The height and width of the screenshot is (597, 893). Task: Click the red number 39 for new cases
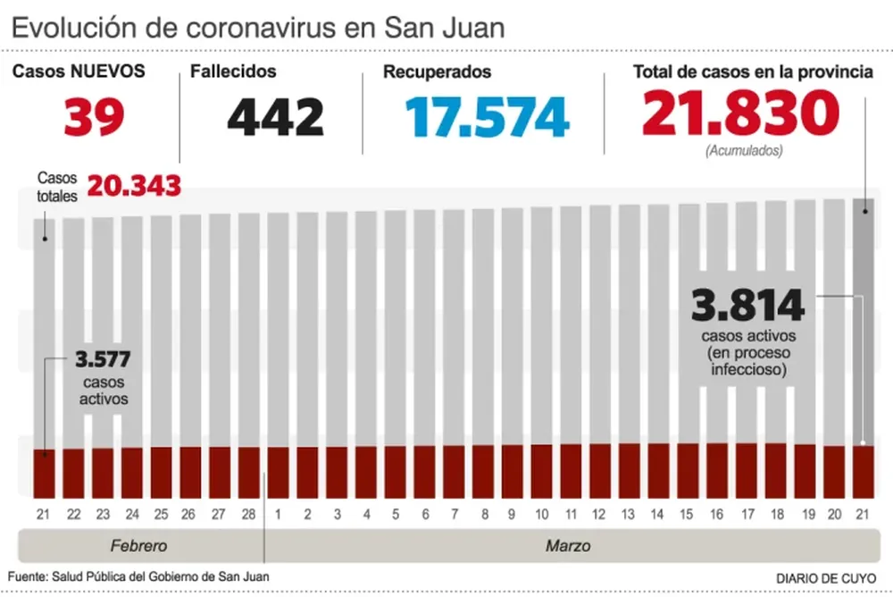(x=94, y=117)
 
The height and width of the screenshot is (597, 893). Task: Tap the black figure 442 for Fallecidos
(x=275, y=117)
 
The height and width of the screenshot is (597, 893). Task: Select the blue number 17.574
(x=487, y=117)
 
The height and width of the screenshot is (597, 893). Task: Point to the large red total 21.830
(x=740, y=114)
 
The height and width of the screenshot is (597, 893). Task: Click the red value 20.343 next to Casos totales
(x=135, y=186)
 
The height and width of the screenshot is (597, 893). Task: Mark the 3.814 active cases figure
(x=748, y=307)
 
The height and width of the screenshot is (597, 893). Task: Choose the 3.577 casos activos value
(x=103, y=361)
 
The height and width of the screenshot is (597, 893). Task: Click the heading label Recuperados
(x=437, y=72)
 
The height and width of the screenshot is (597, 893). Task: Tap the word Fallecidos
(x=233, y=72)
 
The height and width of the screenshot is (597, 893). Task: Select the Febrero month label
(x=138, y=545)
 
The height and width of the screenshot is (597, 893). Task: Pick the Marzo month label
(x=568, y=545)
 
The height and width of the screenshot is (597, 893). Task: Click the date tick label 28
(x=248, y=514)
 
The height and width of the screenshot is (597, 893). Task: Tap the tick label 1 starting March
(x=278, y=514)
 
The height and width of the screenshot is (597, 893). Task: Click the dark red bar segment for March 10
(x=541, y=470)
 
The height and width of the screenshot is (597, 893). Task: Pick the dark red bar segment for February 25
(x=161, y=472)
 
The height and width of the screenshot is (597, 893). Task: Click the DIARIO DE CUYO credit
(x=825, y=577)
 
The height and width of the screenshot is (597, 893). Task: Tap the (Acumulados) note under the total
(x=743, y=151)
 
